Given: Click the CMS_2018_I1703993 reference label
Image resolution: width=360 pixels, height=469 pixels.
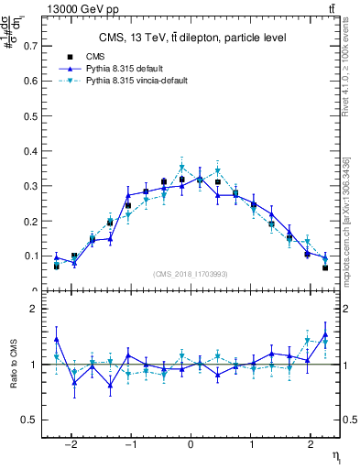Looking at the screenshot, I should click(x=191, y=273).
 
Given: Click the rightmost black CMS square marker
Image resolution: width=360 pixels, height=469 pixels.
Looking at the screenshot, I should click(x=325, y=267).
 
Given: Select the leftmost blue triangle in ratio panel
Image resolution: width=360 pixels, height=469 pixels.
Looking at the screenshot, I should click(x=57, y=340).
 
